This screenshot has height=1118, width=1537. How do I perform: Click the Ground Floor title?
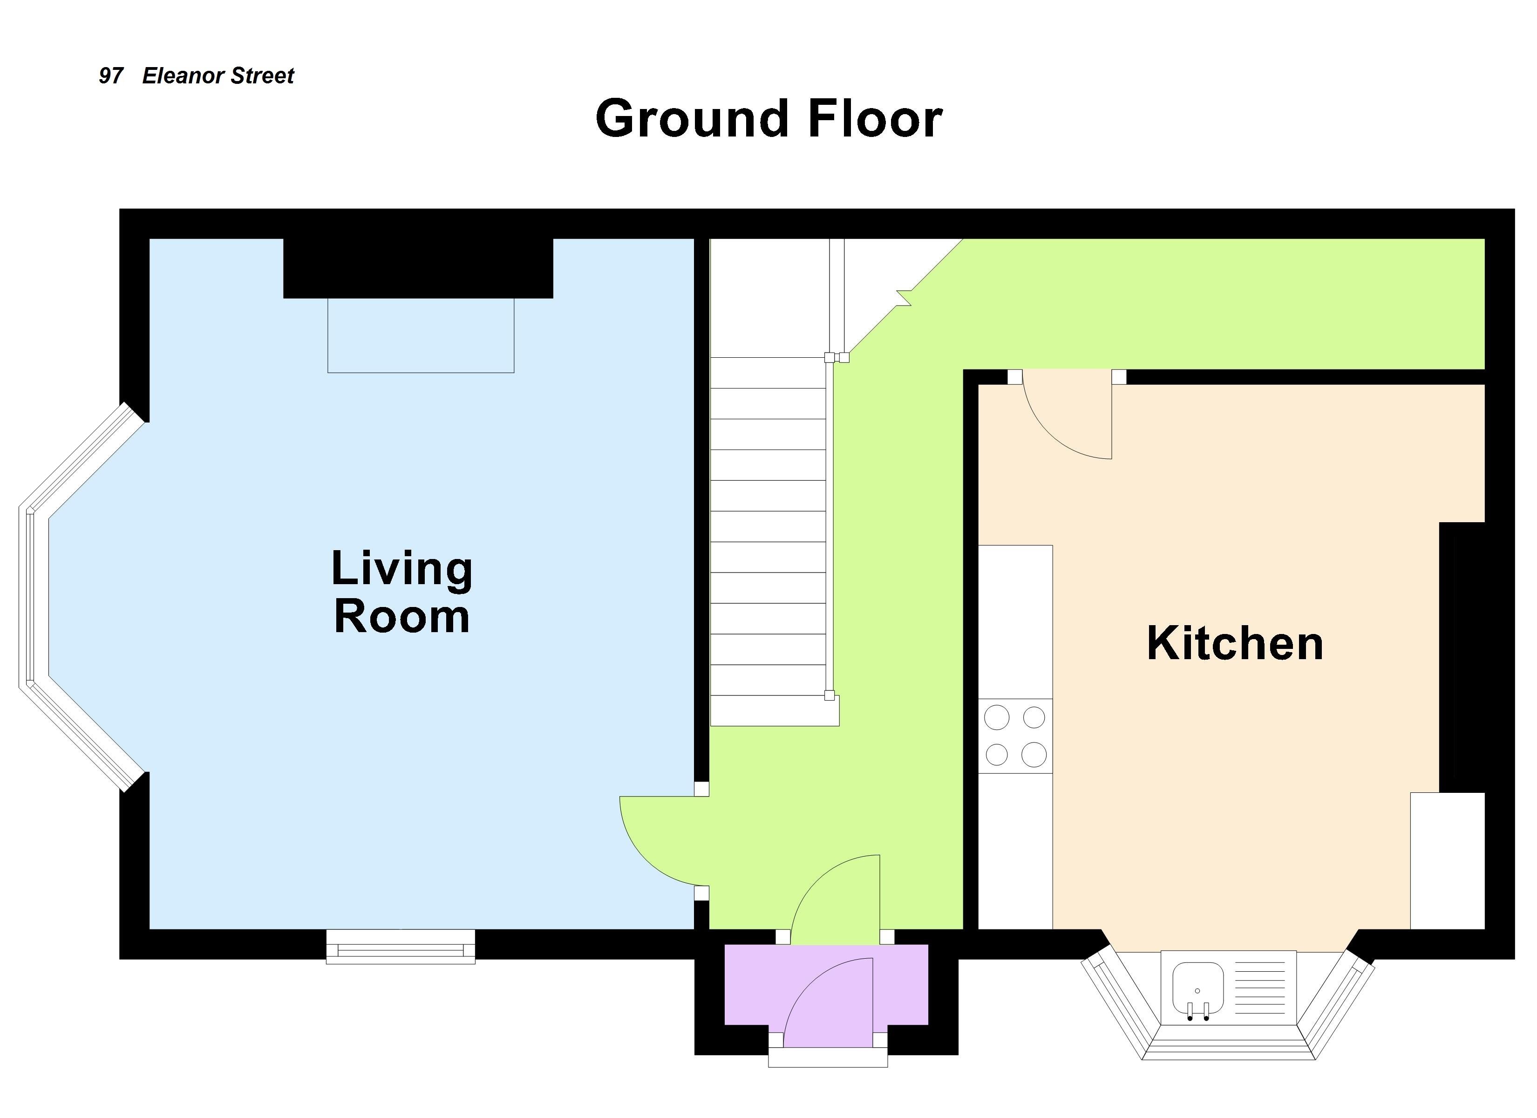coord(768,119)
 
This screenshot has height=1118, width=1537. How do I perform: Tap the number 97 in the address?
coord(111,76)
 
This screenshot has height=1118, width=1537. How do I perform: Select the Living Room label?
coord(402,592)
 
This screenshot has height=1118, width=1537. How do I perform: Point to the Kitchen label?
coord(1235,643)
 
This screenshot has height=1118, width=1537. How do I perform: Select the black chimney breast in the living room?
coord(418,268)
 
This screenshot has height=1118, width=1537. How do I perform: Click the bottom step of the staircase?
coord(775,710)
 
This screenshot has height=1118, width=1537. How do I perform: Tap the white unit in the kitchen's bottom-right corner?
coord(1448,860)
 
